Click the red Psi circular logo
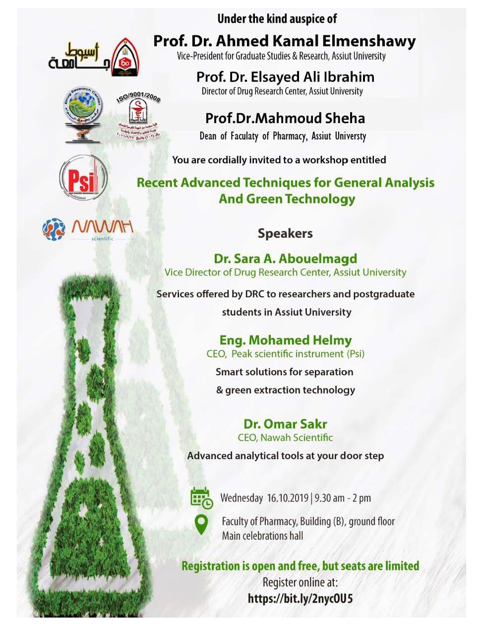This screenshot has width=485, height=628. [83, 178]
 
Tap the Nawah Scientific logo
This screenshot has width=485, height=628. [88, 229]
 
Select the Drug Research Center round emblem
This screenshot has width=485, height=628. [83, 114]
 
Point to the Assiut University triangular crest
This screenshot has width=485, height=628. [125, 58]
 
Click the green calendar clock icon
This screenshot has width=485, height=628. [201, 498]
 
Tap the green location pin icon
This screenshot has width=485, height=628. [201, 524]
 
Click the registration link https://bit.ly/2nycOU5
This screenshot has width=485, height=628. [300, 598]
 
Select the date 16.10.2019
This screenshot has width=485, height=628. [288, 498]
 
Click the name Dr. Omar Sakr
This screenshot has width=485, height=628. [285, 424]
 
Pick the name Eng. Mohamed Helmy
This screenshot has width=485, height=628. [286, 340]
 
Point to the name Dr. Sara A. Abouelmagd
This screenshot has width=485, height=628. [285, 259]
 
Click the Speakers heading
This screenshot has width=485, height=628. [285, 233]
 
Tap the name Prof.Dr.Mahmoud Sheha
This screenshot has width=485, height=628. [285, 118]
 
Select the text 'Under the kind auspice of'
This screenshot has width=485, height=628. [277, 19]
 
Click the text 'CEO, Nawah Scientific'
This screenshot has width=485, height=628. [285, 437]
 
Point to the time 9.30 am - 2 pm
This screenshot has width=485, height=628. [343, 498]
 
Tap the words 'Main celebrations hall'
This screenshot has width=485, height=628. [262, 536]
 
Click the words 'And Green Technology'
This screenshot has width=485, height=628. [287, 199]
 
